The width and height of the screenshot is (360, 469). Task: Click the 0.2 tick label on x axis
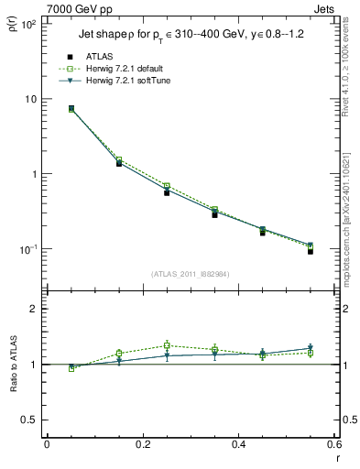click(142, 444)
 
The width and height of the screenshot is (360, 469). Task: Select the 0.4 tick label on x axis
click(238, 444)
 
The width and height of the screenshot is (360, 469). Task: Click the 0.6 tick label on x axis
click(333, 444)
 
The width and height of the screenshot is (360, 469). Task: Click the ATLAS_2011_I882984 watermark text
click(190, 274)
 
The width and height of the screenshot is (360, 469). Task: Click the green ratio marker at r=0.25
click(167, 345)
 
